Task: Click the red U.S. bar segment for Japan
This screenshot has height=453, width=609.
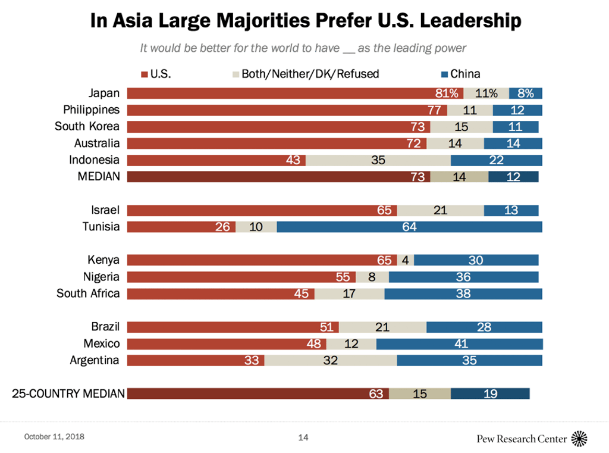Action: click(x=294, y=93)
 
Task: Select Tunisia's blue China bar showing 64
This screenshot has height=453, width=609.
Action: click(x=409, y=227)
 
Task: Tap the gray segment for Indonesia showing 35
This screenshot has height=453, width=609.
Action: click(x=378, y=160)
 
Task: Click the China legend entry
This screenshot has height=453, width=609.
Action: click(x=459, y=74)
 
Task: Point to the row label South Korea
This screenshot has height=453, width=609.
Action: click(x=87, y=127)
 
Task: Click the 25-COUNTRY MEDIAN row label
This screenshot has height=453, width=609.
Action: click(x=68, y=393)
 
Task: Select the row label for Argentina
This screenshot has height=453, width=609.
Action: click(x=95, y=360)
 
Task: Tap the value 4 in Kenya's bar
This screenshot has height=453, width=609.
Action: click(x=405, y=260)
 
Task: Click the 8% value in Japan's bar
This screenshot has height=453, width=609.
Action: click(x=526, y=93)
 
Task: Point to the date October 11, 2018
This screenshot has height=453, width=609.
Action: click(x=54, y=437)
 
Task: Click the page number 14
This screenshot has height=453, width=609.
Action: click(x=303, y=438)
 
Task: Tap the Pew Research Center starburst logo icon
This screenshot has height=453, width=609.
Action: click(x=579, y=439)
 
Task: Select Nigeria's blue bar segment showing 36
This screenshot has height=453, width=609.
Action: click(x=463, y=277)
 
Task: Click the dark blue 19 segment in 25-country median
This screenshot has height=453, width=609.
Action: click(x=490, y=393)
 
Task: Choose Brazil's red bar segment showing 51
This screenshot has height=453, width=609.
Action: click(x=233, y=327)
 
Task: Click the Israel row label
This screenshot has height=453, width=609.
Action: click(x=105, y=210)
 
